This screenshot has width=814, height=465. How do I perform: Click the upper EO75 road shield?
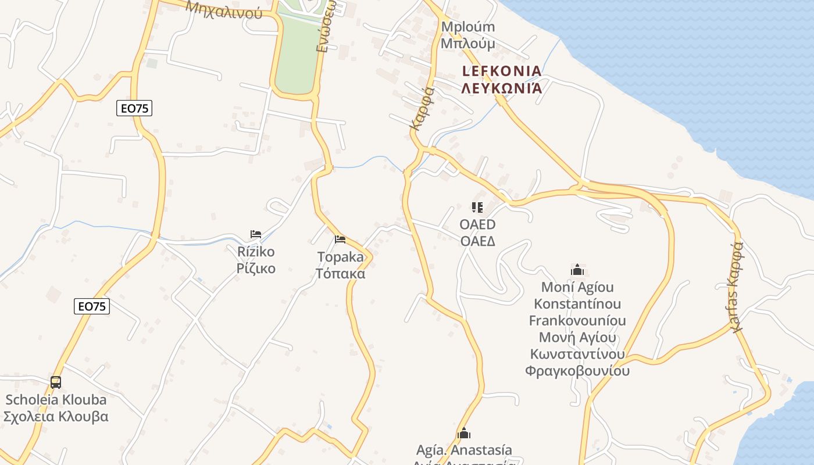pos(134,108)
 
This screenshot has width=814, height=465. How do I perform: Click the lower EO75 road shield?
pos(92,306)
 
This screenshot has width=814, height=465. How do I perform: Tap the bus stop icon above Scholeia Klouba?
pos(56,382)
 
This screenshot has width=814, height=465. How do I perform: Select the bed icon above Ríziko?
pos(256,234)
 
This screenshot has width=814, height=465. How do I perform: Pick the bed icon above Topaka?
pos(340,239)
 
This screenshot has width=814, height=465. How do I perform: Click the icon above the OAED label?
pos(477,208)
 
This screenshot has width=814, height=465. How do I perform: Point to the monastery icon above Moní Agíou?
pos(577,270)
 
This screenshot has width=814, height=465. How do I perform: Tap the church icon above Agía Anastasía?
pos(464,433)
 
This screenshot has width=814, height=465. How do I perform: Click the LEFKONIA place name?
pos(502,71)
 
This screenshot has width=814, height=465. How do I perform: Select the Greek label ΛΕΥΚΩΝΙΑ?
pos(502,88)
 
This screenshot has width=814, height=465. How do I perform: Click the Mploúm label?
pos(468,27)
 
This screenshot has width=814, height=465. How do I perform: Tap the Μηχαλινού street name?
pos(224,8)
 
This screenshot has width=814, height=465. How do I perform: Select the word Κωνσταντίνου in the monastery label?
pos(577,354)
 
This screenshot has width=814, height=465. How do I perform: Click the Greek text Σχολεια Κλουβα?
pos(56,416)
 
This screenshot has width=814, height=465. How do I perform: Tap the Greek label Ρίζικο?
pos(256,269)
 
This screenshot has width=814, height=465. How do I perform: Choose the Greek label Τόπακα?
pos(340,273)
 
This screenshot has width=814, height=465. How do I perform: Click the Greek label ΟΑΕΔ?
pos(477,241)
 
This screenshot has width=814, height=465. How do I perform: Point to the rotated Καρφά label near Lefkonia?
pos(422,108)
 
